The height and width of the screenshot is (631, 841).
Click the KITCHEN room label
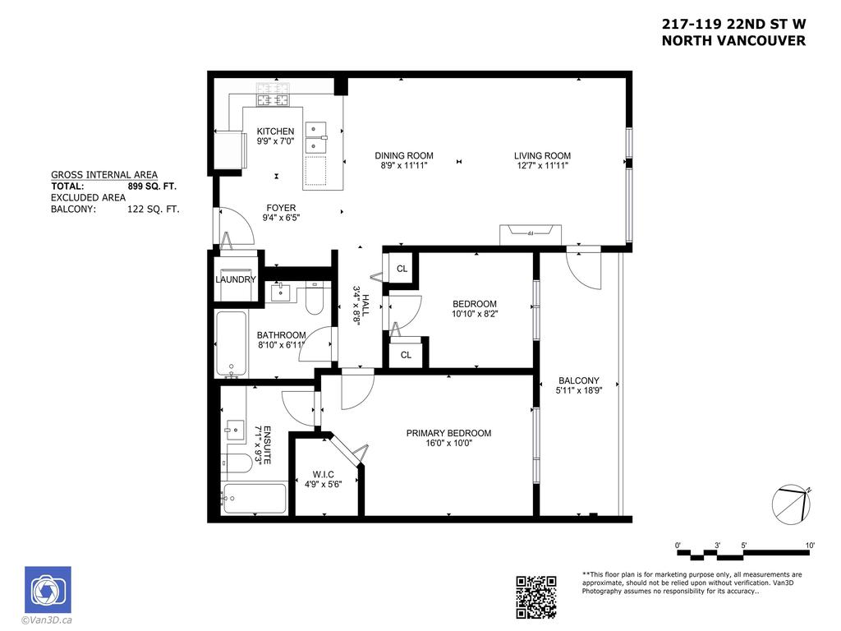[x=275, y=131]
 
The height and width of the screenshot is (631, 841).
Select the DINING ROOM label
[x=404, y=156]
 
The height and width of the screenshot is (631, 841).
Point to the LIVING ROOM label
[x=542, y=156]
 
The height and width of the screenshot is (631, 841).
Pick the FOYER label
[x=281, y=208]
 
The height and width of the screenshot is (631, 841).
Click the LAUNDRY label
[x=236, y=279]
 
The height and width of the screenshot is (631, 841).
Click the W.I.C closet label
[x=322, y=474]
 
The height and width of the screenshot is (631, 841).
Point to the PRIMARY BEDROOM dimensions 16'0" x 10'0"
[x=448, y=444]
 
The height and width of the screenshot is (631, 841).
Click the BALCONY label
[x=579, y=380]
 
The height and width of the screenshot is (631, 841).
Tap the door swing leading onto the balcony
[x=585, y=267]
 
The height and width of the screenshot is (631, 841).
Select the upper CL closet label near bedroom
[x=402, y=269]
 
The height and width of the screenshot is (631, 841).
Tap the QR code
[x=536, y=596]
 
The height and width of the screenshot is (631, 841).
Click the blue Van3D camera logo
[x=48, y=590]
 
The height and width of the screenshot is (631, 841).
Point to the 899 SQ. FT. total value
[x=153, y=187]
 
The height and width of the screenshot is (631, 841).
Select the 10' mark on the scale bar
[x=810, y=546]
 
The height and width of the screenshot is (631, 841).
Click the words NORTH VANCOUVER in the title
[x=733, y=41]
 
